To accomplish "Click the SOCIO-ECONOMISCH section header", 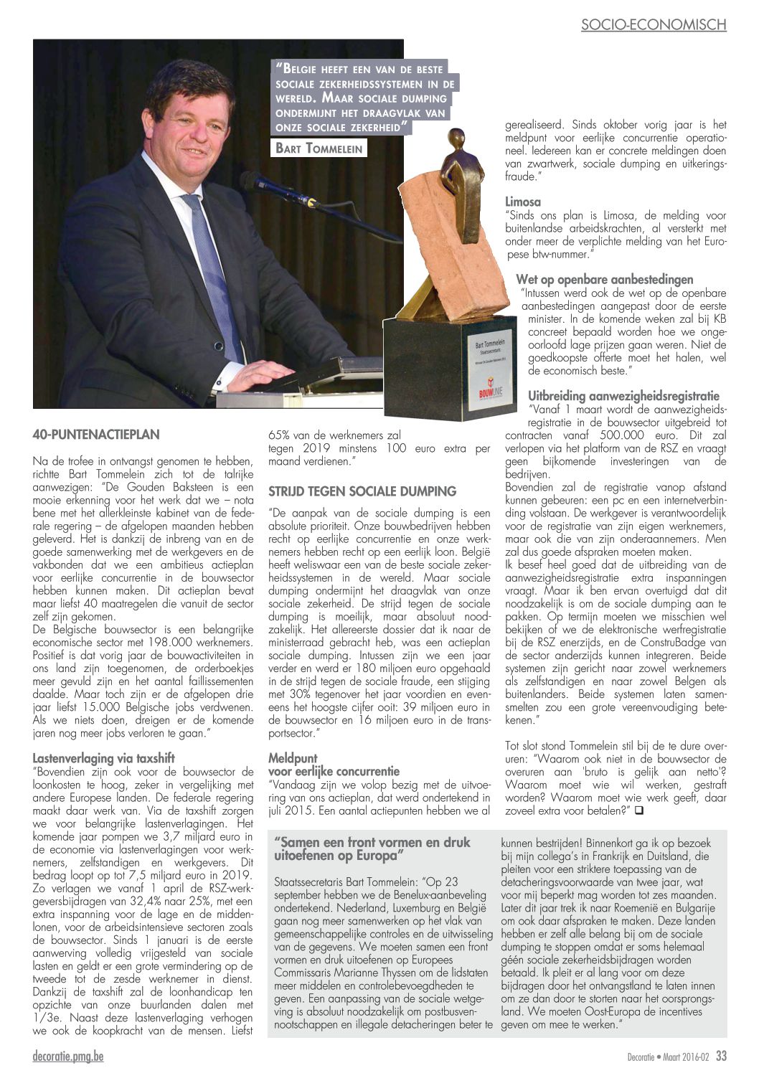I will (x=653, y=25).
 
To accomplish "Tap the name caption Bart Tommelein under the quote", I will (x=319, y=148).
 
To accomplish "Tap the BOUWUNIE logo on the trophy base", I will (x=491, y=392).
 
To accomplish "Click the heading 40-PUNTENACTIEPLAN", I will (x=96, y=435).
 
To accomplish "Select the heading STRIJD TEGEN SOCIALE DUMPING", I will (x=362, y=491).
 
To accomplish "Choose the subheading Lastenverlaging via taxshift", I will (x=103, y=758).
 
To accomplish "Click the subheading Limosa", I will (x=523, y=202).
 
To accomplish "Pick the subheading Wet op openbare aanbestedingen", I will (x=604, y=279).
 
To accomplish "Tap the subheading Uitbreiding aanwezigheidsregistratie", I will (x=623, y=395).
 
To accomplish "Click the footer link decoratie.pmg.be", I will (x=68, y=1056).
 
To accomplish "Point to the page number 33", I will (x=720, y=1056).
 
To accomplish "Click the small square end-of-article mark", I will (x=638, y=810).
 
